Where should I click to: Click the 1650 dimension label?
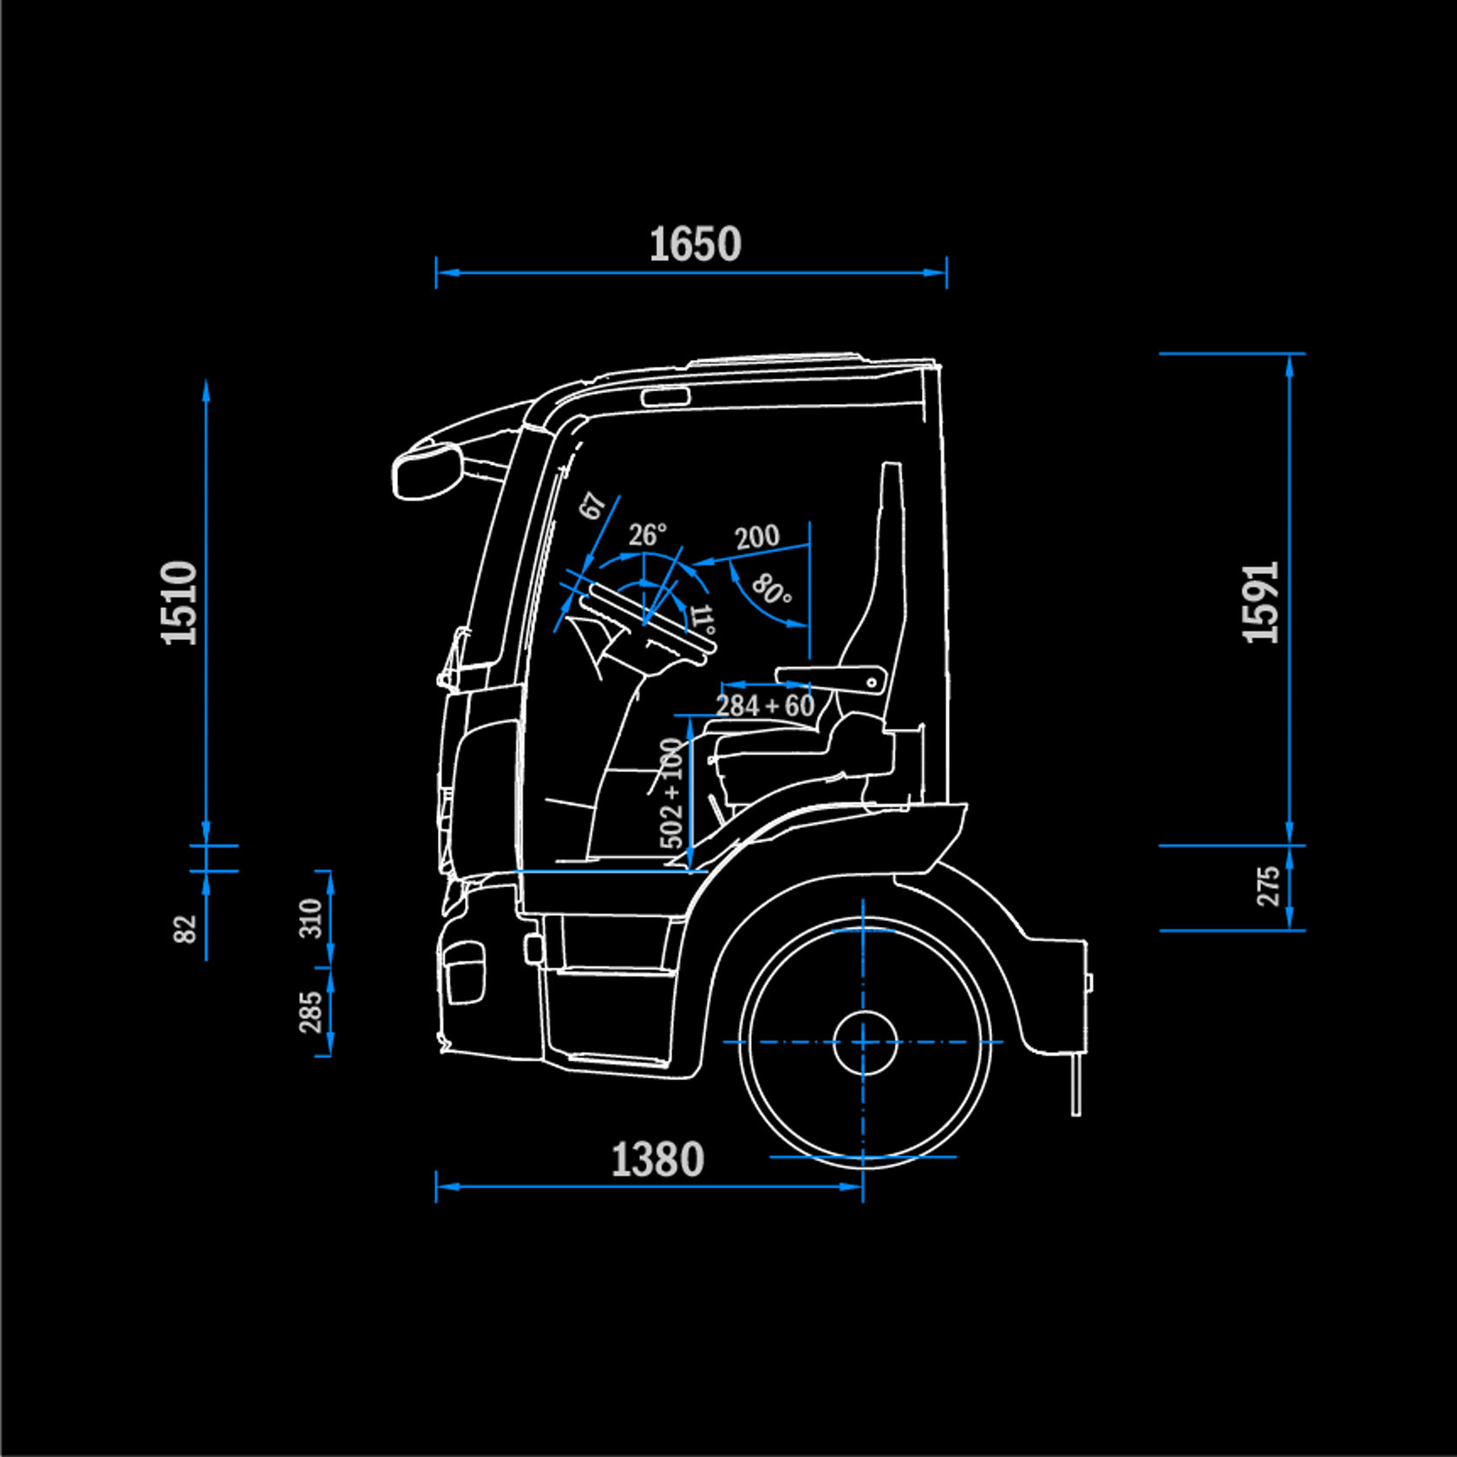pos(695,244)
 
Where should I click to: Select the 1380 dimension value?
pos(657,1160)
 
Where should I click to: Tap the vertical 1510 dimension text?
pos(180,603)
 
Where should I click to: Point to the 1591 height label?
pos(1262,603)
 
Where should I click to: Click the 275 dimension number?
pos(1269,886)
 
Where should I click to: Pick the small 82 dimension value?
pos(186,928)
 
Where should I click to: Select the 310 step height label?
pos(310,918)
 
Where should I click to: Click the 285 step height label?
pos(310,1012)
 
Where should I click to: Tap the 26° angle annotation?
pos(647,534)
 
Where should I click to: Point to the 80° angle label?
pos(770,591)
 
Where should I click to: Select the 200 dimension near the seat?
pos(757,537)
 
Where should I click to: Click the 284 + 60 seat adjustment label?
pos(765,706)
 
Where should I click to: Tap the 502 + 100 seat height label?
pos(672,793)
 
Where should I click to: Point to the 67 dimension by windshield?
pos(592,506)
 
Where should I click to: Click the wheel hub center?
pos(864,1042)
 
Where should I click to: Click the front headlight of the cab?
pos(464,971)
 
